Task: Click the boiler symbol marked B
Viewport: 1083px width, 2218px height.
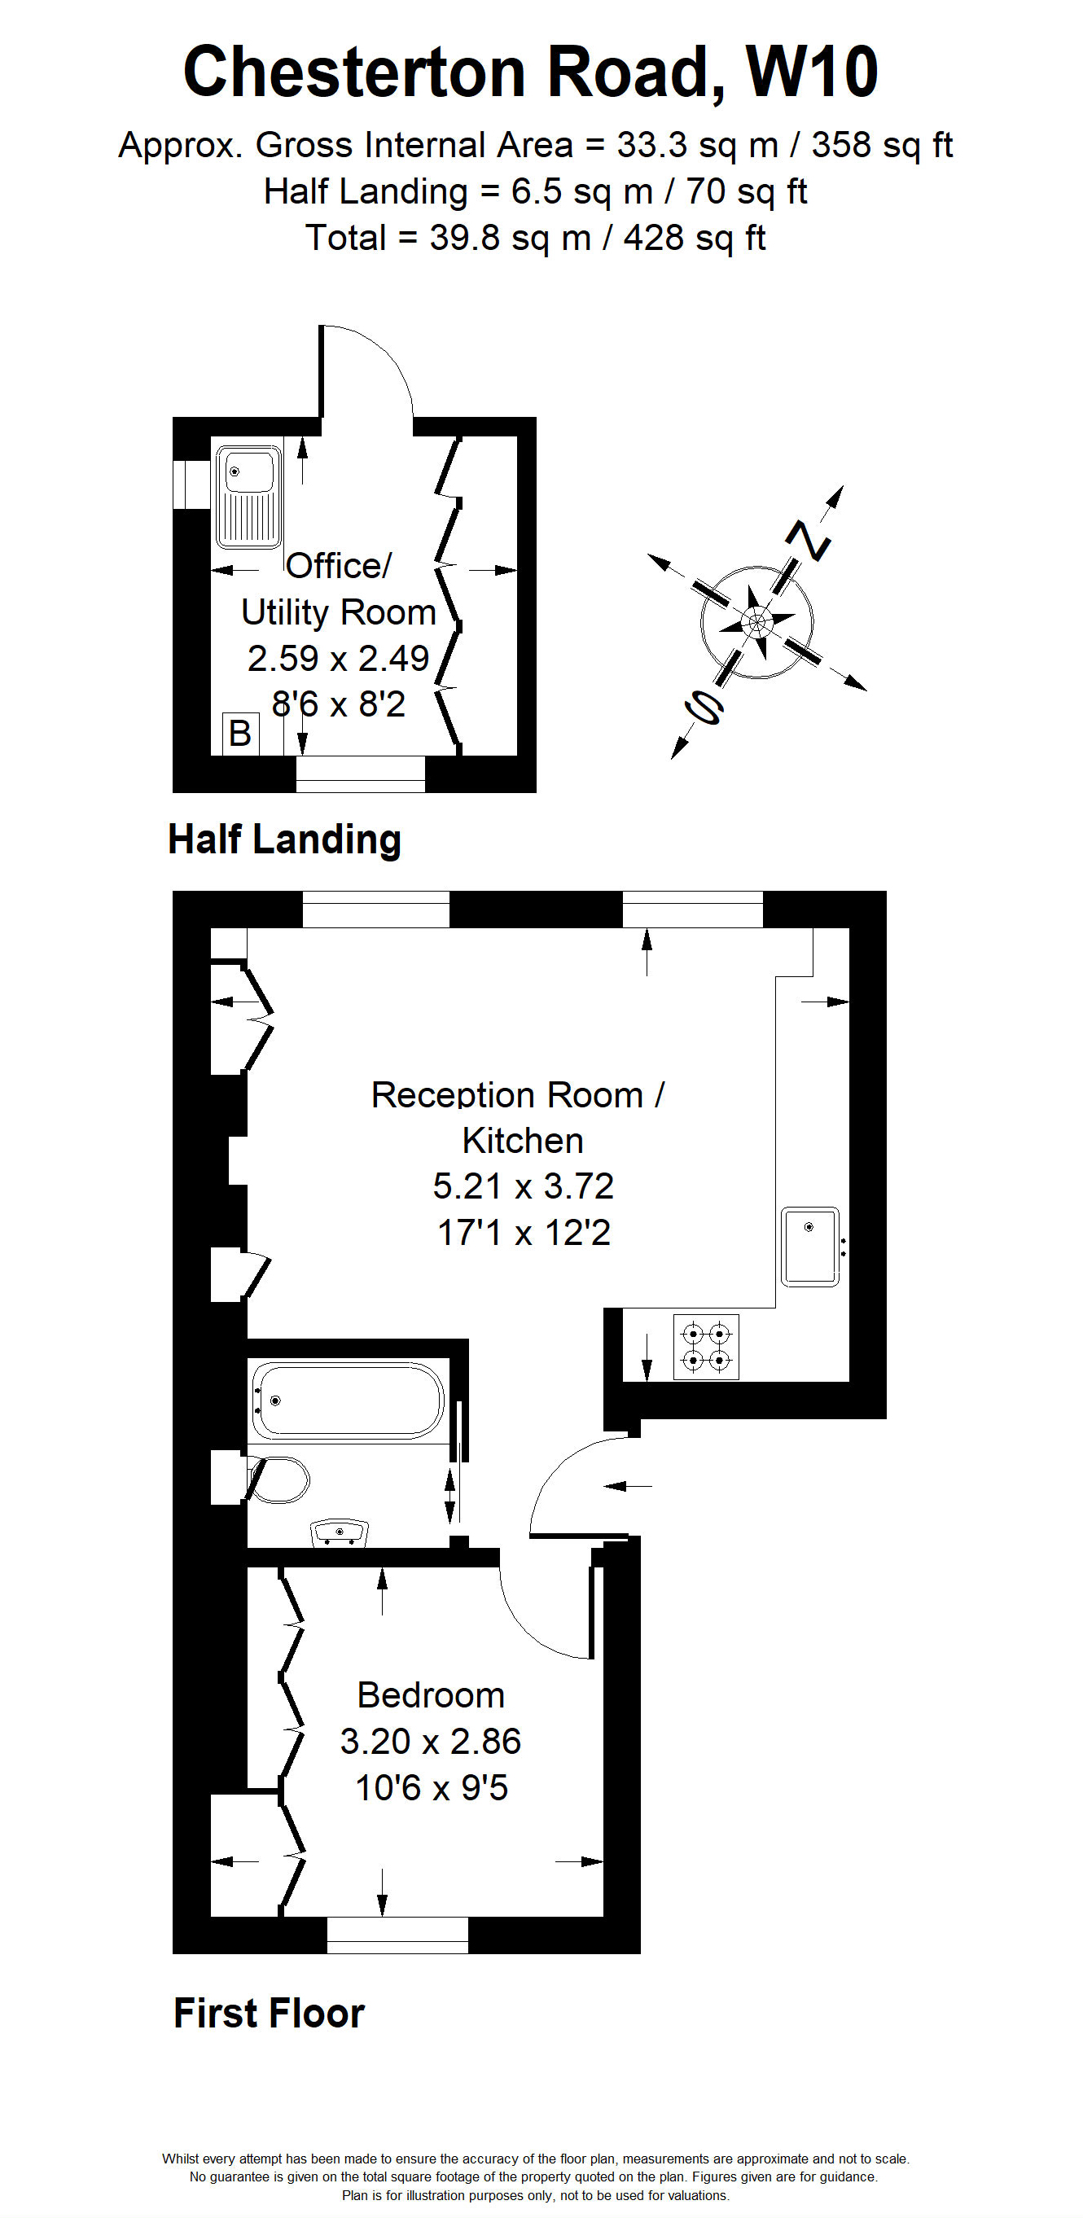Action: (x=240, y=734)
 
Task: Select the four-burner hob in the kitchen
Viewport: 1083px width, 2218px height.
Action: (x=706, y=1348)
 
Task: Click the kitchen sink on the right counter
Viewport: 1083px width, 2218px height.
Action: (x=810, y=1247)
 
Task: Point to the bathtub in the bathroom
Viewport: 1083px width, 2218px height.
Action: (x=347, y=1400)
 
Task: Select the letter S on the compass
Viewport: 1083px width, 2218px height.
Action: (x=704, y=708)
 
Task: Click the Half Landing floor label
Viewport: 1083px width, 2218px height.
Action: (x=284, y=839)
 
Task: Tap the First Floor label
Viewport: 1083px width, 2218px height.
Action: (x=269, y=2013)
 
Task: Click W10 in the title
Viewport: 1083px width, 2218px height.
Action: (x=811, y=72)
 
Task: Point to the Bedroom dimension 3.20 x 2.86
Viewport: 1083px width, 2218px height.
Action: (x=431, y=1741)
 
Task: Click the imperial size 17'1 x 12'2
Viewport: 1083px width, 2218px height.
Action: (x=524, y=1233)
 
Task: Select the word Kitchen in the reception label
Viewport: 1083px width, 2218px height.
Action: (x=523, y=1141)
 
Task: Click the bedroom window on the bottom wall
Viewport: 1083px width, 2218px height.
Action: (x=397, y=1935)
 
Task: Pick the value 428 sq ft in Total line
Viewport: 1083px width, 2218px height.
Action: (x=694, y=239)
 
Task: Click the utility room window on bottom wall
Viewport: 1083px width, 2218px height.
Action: (x=361, y=774)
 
